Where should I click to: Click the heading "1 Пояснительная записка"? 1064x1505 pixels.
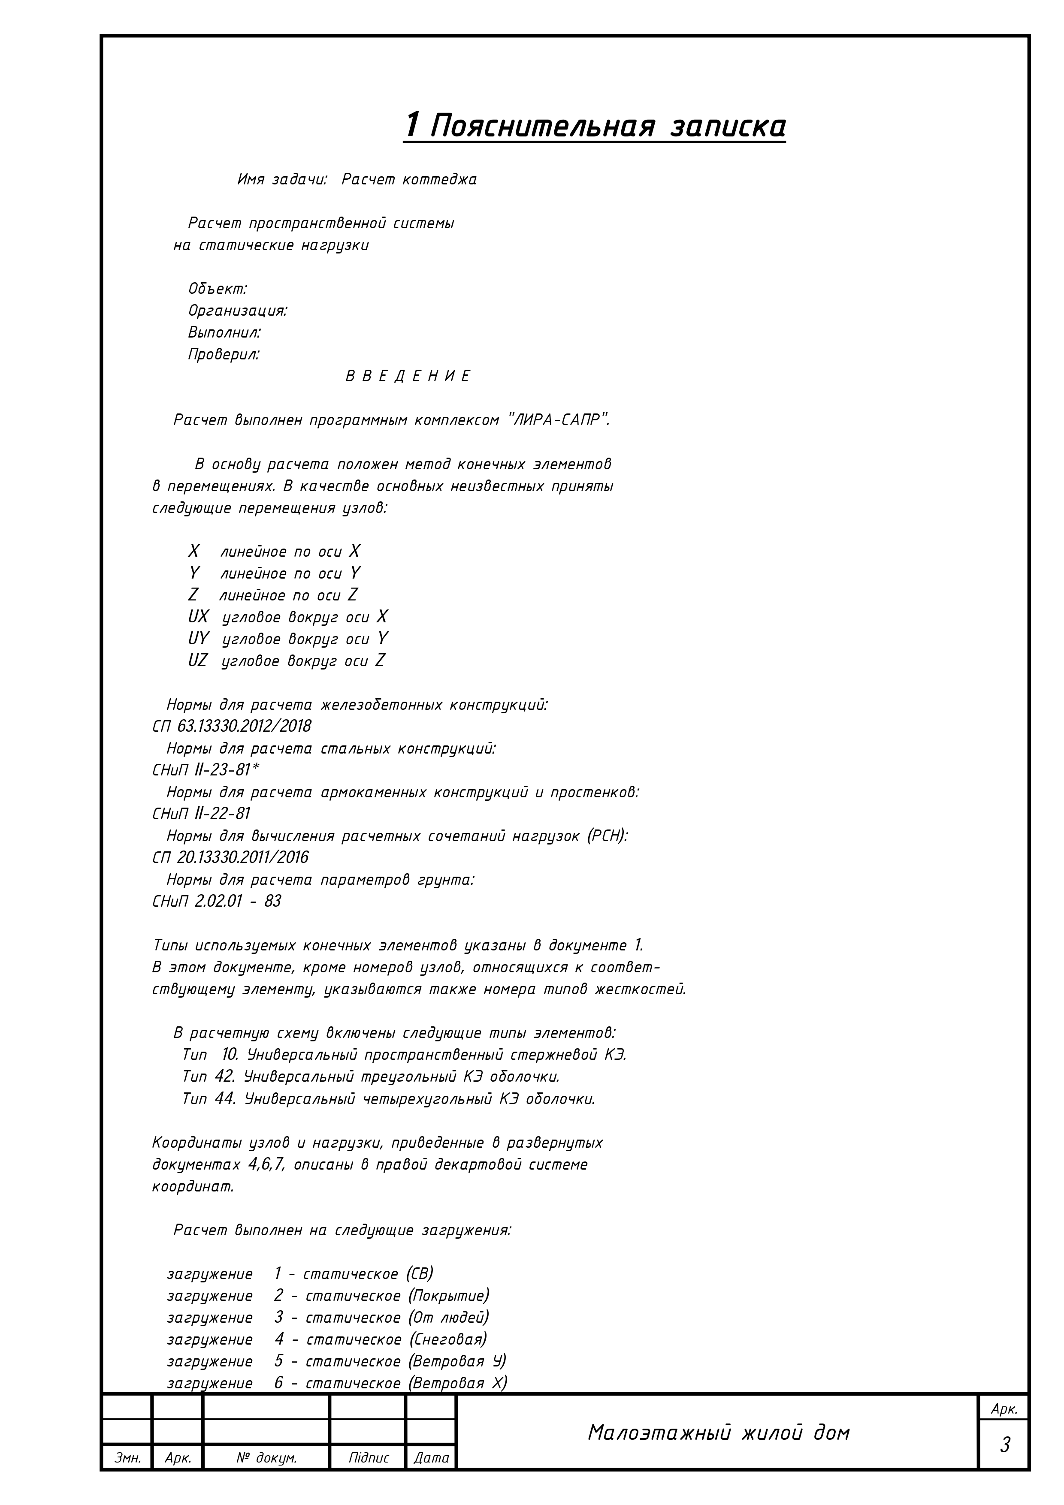click(595, 125)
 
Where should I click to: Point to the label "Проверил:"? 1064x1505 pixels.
click(224, 355)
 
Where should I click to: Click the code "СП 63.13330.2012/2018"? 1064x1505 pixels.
click(231, 726)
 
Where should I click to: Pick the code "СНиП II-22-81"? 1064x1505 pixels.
click(201, 814)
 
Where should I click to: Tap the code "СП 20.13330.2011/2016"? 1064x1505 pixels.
click(230, 857)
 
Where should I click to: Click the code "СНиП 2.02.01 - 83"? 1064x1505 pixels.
click(216, 901)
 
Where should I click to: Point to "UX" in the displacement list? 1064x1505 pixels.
click(198, 617)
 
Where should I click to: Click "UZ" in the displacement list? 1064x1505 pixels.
click(197, 661)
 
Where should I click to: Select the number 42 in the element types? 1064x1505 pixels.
click(224, 1076)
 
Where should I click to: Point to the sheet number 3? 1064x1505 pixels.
click(1004, 1445)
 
